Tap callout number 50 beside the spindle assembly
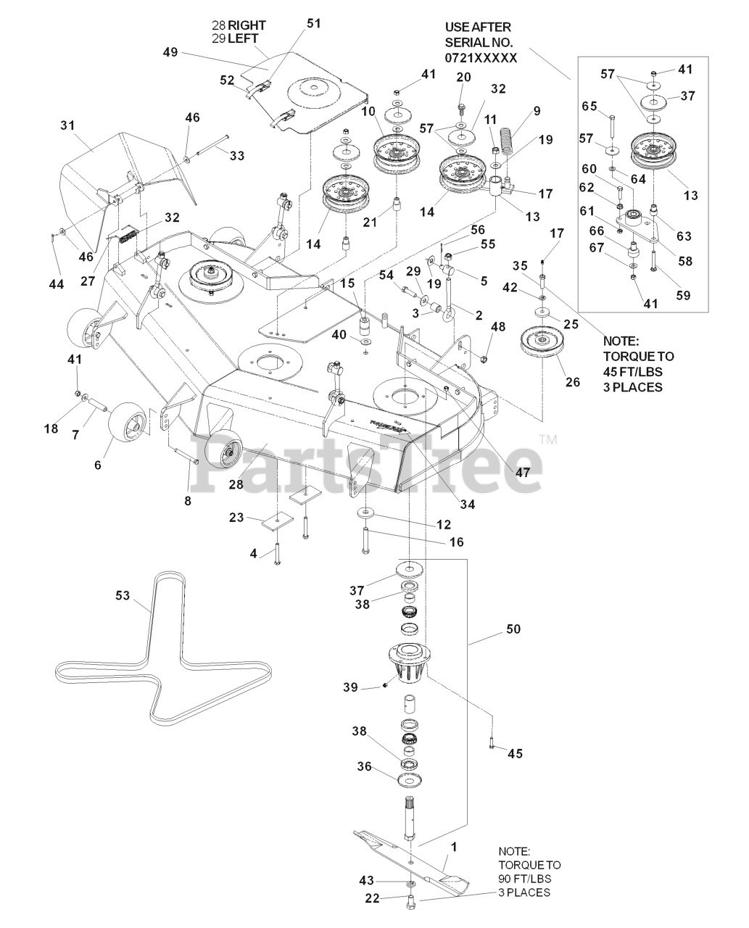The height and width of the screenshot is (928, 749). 513,629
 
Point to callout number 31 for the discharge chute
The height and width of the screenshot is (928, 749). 67,125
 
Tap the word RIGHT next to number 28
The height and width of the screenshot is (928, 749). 247,25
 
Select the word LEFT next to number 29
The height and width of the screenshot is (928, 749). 243,38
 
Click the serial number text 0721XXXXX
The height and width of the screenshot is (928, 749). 481,57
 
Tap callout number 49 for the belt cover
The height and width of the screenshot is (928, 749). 170,52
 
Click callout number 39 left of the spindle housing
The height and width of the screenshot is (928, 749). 350,687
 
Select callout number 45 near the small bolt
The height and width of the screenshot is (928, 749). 514,753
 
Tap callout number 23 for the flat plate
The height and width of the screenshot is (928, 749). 236,518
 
